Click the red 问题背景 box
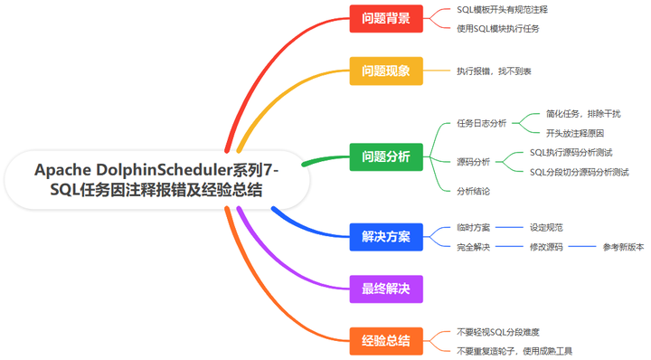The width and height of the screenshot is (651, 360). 386,18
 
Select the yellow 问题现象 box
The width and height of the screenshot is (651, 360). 386,71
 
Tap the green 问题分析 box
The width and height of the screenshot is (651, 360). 386,158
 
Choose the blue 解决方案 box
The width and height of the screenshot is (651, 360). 386,237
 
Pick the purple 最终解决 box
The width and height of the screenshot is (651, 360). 386,289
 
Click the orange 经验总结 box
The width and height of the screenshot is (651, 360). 386,341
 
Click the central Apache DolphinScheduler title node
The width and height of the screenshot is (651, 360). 156,179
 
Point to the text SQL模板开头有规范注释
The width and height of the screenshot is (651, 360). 502,10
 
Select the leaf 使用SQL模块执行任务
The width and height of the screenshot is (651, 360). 498,28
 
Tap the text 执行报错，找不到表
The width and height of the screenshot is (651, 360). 494,71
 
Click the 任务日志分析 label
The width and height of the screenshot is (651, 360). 481,123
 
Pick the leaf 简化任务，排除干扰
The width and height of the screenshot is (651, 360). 582,114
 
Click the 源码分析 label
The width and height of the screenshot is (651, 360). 473,162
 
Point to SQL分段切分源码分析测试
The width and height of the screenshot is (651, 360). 579,171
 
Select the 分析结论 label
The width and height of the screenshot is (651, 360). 473,191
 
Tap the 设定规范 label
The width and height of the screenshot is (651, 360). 546,228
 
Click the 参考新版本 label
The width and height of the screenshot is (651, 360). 623,246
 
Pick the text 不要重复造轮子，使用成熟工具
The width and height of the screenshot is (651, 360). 514,351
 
